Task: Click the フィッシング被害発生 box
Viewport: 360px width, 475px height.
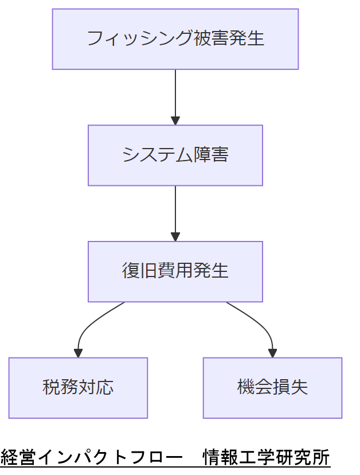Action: [x=175, y=39]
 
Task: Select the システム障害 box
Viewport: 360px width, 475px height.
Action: [x=175, y=155]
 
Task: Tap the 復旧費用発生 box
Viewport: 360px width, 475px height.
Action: [x=175, y=271]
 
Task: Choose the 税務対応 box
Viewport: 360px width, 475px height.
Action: [x=78, y=388]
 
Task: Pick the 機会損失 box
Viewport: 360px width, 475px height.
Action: [x=272, y=388]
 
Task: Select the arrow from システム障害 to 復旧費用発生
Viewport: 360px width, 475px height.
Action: [x=175, y=209]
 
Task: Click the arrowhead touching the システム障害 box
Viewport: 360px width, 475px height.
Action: [x=175, y=120]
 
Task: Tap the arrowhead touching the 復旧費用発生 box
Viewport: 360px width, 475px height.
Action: [x=175, y=236]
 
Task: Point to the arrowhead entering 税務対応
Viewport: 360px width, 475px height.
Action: [x=78, y=353]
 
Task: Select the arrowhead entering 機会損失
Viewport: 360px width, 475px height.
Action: [x=272, y=353]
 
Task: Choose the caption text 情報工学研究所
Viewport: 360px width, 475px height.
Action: [x=267, y=458]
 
